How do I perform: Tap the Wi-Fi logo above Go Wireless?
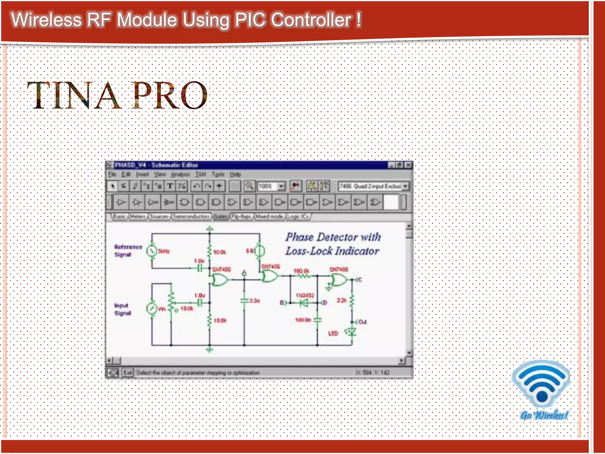(x=542, y=383)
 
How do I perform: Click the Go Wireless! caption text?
(x=544, y=415)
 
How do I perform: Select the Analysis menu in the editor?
(x=180, y=174)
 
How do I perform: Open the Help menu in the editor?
(x=235, y=174)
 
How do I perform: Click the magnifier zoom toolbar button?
(x=249, y=186)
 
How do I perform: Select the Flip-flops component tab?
(x=241, y=217)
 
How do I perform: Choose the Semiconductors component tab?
(x=191, y=217)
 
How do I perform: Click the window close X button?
(x=408, y=165)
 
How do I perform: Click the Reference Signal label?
(x=128, y=250)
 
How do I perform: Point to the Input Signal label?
(x=122, y=309)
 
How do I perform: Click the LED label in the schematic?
(x=333, y=333)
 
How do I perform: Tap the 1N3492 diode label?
(x=305, y=295)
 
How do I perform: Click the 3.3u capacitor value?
(x=254, y=301)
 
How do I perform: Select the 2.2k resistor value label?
(x=341, y=300)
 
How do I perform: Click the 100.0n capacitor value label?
(x=303, y=320)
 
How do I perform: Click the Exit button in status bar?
(x=128, y=372)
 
